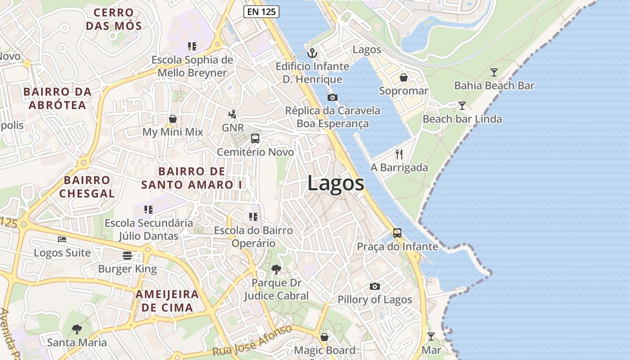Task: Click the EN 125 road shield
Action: [x=261, y=12]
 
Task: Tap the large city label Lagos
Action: [x=336, y=184]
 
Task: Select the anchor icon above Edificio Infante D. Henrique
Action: [x=312, y=53]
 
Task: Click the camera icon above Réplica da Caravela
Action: [x=333, y=97]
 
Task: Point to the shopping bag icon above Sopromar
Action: [x=404, y=77]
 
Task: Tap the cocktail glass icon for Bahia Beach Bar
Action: [x=494, y=72]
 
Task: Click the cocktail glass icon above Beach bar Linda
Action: [x=462, y=106]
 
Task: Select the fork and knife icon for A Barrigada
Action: [x=399, y=154]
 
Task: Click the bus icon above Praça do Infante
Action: [x=397, y=233]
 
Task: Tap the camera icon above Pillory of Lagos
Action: [x=374, y=286]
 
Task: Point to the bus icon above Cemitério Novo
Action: [x=255, y=139]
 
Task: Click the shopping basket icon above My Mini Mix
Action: [x=172, y=119]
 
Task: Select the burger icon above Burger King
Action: [x=127, y=256]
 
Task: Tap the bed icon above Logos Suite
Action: [x=62, y=239]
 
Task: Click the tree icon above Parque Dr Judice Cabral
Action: [x=276, y=270]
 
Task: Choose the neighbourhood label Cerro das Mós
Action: [x=114, y=19]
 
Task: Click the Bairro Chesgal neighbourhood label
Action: [x=87, y=187]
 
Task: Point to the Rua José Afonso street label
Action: [x=252, y=341]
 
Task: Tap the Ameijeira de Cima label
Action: [x=167, y=301]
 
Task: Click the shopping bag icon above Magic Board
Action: [x=324, y=337]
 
